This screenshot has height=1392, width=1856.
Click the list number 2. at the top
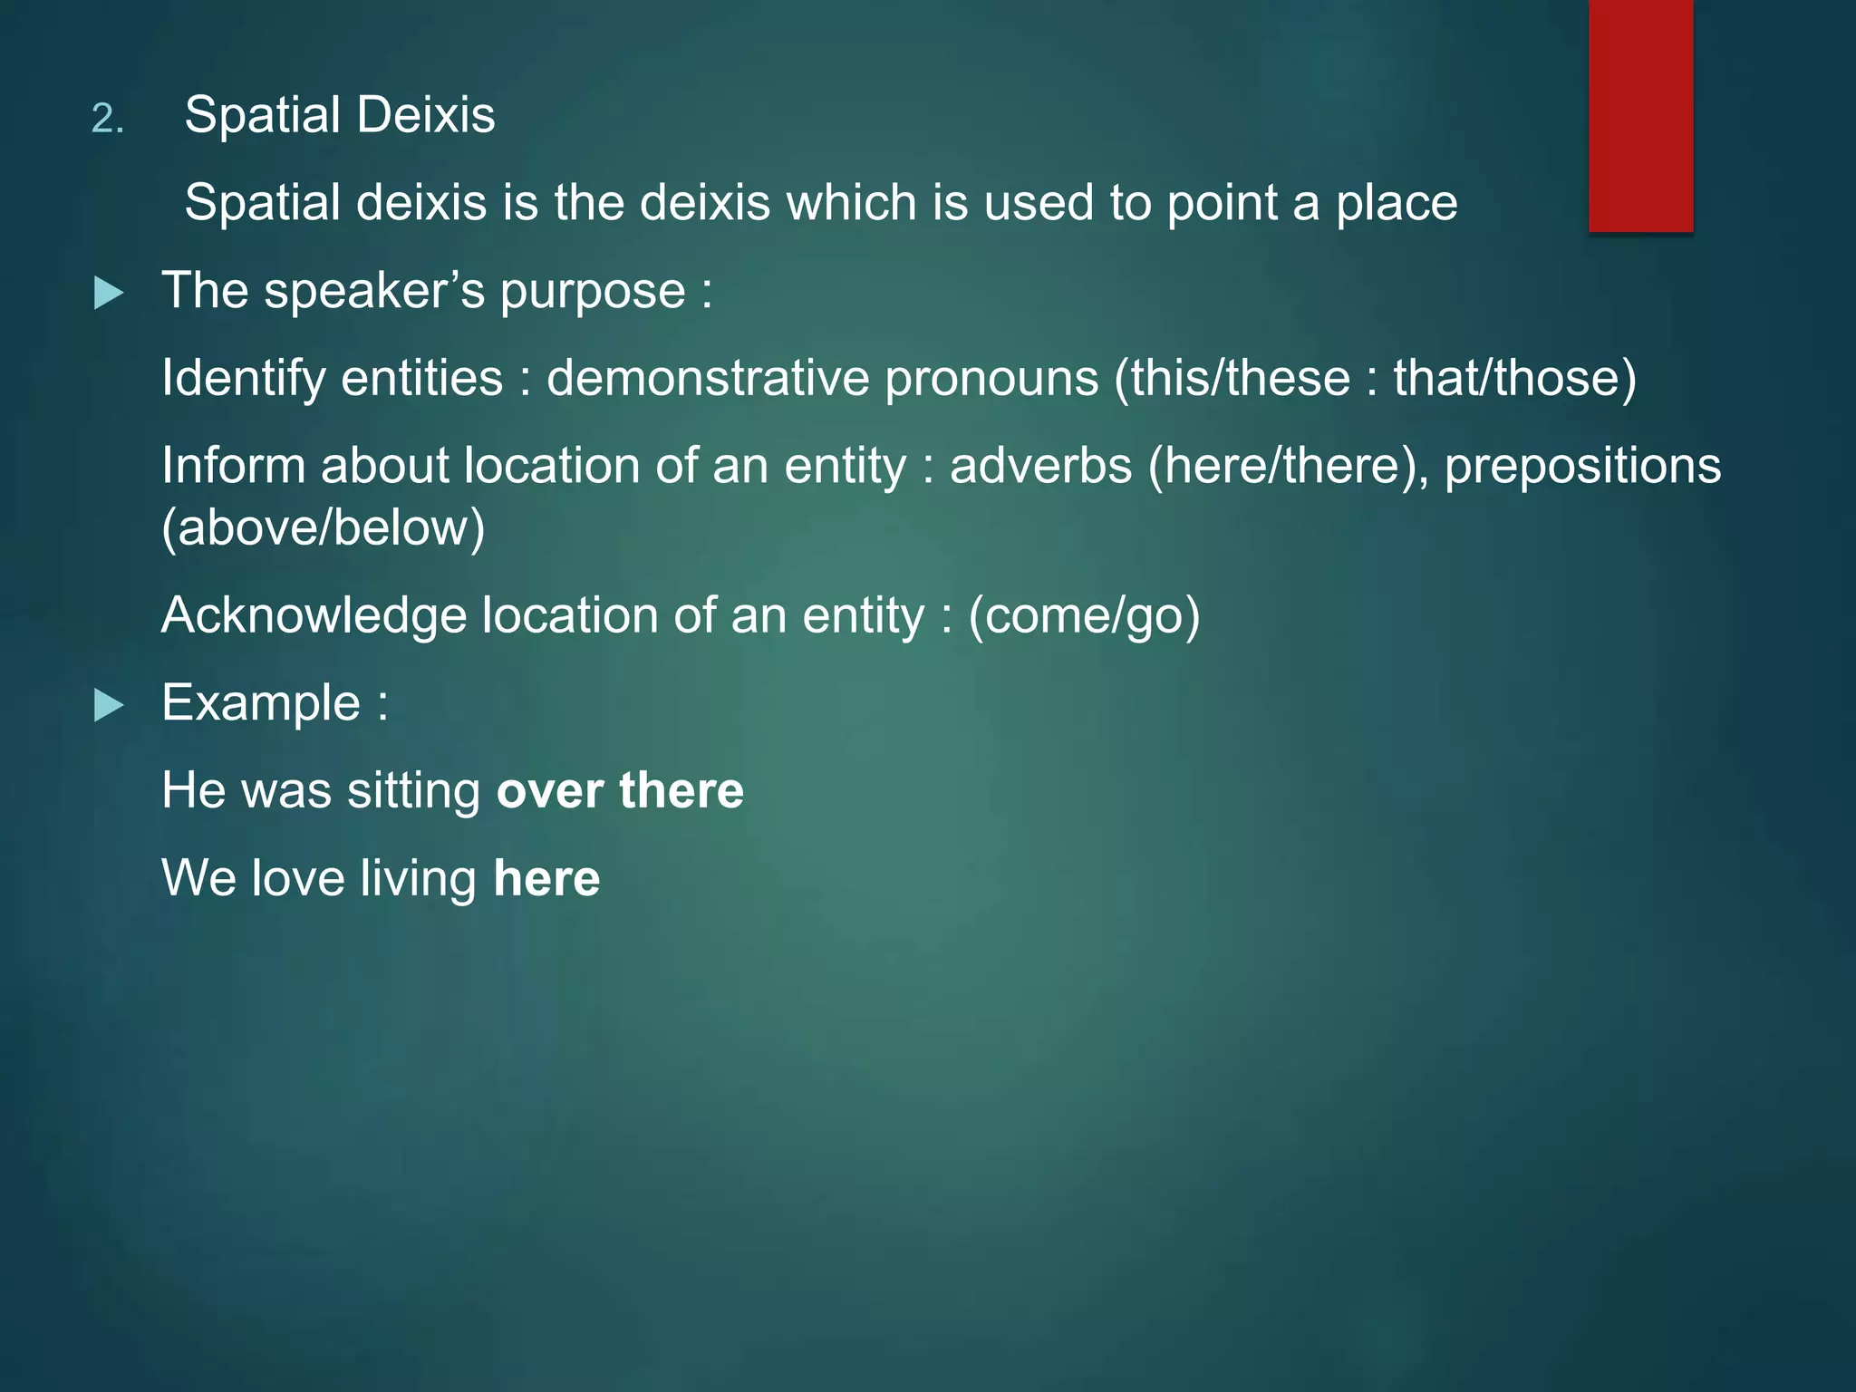click(108, 119)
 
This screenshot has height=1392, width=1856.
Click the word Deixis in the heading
click(425, 115)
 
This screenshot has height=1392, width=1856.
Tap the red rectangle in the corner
click(1640, 115)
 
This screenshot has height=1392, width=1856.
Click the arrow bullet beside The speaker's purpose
click(109, 293)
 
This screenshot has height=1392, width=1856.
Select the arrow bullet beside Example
click(109, 705)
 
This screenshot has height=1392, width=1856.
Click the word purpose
click(592, 292)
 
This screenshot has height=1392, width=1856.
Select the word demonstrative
click(708, 378)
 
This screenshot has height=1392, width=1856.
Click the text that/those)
click(1515, 378)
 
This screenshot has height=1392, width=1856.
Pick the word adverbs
click(1041, 466)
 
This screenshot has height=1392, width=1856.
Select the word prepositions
click(1582, 466)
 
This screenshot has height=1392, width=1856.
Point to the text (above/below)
click(324, 527)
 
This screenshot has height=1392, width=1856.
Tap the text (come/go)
click(1084, 615)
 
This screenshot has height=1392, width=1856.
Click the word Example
click(261, 703)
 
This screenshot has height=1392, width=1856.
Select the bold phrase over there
click(620, 790)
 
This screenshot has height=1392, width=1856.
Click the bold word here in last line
click(546, 878)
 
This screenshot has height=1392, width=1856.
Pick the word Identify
click(242, 378)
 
